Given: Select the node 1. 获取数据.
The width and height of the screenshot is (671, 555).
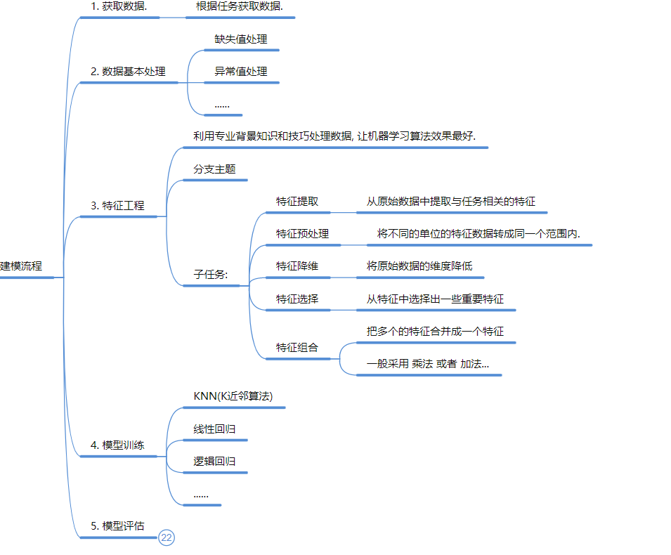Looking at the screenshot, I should click(119, 6).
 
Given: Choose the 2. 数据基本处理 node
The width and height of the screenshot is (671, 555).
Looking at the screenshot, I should click(129, 72).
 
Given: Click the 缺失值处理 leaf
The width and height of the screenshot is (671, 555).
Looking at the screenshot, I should click(241, 39).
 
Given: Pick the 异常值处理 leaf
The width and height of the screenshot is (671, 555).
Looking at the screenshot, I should click(241, 72).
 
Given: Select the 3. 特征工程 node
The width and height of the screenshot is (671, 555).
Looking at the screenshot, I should click(118, 206).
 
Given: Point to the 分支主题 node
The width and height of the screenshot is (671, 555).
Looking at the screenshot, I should click(214, 169).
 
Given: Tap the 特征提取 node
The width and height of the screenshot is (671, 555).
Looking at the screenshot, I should click(297, 202).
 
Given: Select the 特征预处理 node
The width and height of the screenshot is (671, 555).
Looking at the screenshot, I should click(302, 234).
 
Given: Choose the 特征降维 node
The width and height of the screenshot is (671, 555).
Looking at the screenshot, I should click(297, 266).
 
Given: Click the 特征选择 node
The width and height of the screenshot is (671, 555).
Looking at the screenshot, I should click(297, 299).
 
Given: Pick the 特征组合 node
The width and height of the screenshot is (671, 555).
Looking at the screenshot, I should click(297, 348).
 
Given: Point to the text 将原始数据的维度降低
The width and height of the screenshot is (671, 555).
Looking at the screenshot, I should click(419, 266).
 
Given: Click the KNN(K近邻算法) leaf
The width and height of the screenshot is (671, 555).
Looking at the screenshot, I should click(233, 396).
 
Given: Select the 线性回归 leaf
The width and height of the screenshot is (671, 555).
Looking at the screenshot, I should click(214, 429).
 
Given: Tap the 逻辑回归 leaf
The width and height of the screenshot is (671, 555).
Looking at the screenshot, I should click(214, 462).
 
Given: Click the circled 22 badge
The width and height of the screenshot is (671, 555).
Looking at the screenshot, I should click(167, 538).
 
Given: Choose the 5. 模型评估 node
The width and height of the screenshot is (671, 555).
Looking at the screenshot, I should click(118, 526).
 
